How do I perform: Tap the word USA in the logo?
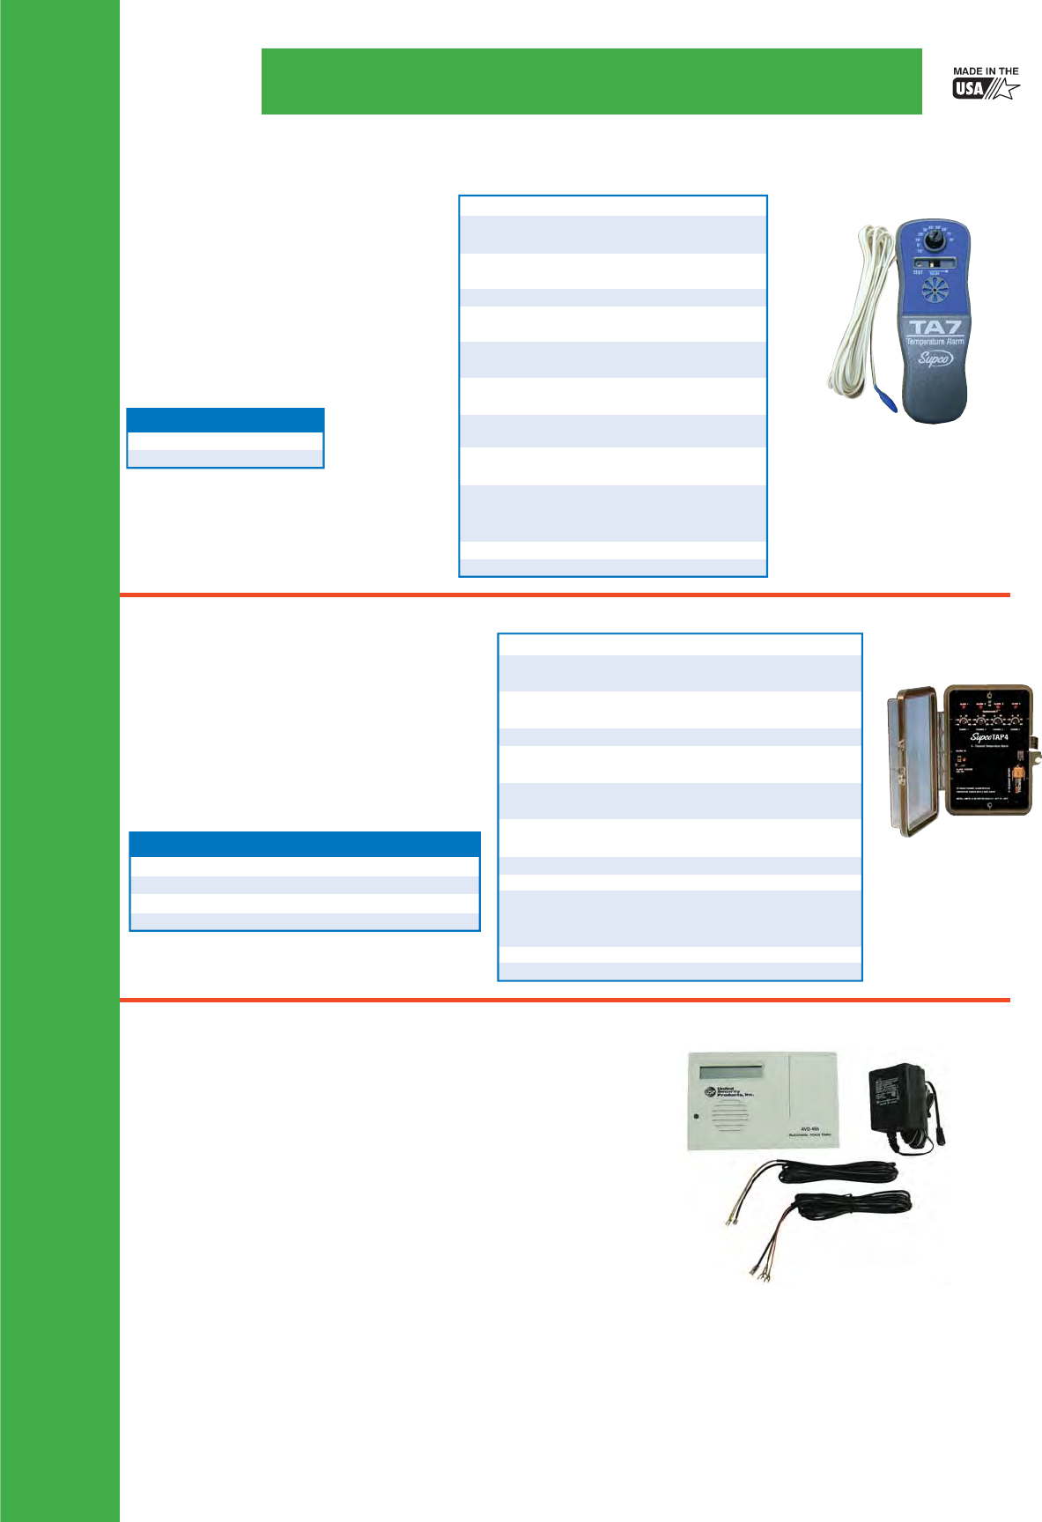969,89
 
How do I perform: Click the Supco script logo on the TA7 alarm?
935,358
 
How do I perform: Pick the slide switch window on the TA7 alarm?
933,263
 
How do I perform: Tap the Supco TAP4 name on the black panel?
989,737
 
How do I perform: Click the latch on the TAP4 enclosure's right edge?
1038,755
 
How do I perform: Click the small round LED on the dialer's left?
696,1117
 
